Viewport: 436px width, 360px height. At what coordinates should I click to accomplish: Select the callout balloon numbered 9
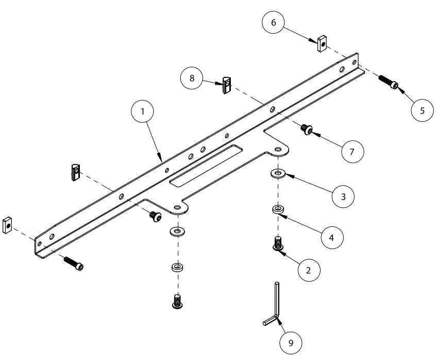291,342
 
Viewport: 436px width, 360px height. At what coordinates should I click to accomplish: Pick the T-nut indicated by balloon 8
226,85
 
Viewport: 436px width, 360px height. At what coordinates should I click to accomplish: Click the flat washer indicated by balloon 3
278,173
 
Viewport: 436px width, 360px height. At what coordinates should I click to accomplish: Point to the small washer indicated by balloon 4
278,209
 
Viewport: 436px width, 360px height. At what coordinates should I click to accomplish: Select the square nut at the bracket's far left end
7,225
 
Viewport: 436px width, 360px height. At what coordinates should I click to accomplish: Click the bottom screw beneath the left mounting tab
177,300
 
